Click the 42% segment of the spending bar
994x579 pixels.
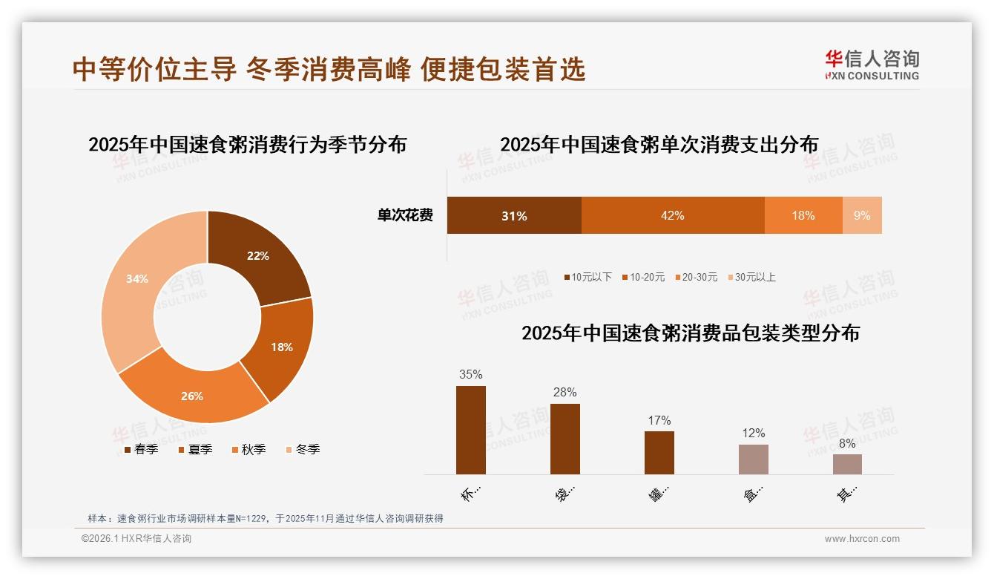(x=672, y=215)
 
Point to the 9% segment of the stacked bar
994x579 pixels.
(x=862, y=215)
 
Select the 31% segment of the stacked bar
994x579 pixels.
(x=513, y=215)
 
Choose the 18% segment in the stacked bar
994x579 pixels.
(x=803, y=215)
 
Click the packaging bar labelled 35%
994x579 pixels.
(x=470, y=430)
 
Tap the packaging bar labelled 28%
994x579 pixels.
(x=565, y=439)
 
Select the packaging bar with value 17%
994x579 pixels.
(x=659, y=452)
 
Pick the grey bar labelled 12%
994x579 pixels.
(x=753, y=459)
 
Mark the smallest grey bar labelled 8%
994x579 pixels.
(x=847, y=464)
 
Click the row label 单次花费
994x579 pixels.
(x=405, y=215)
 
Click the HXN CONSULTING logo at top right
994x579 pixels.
(x=872, y=65)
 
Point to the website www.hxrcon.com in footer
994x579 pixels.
(x=862, y=539)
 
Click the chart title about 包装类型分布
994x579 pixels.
(x=690, y=333)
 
